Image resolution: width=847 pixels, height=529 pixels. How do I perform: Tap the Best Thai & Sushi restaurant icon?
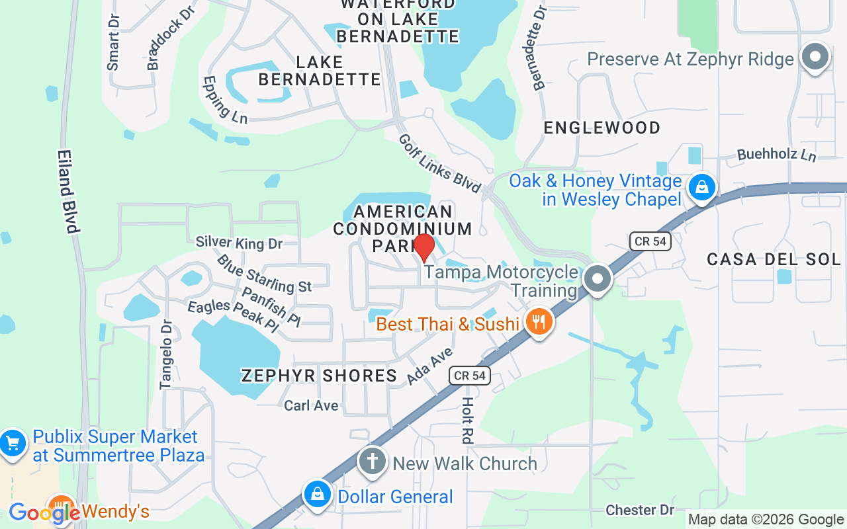click(539, 323)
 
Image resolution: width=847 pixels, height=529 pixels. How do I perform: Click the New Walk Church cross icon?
click(373, 462)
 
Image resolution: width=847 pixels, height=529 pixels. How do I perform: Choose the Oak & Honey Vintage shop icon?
click(701, 188)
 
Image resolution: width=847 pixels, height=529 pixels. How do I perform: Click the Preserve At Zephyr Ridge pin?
click(815, 58)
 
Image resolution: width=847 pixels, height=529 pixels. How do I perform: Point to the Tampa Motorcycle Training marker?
click(598, 279)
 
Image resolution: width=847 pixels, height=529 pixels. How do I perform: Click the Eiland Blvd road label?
click(68, 191)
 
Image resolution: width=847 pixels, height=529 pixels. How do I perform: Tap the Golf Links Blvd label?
click(439, 163)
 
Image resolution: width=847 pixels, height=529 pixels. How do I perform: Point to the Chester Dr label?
click(640, 510)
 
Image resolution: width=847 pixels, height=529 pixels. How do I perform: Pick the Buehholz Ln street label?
click(777, 155)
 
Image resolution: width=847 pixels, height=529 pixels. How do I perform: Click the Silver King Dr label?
click(239, 243)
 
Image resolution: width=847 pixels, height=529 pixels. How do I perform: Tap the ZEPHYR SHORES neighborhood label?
click(319, 376)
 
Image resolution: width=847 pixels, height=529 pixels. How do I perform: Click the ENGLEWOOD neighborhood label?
click(602, 128)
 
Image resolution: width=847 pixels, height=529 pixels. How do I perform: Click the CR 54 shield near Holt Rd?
click(470, 376)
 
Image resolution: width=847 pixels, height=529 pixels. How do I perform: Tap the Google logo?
click(44, 512)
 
